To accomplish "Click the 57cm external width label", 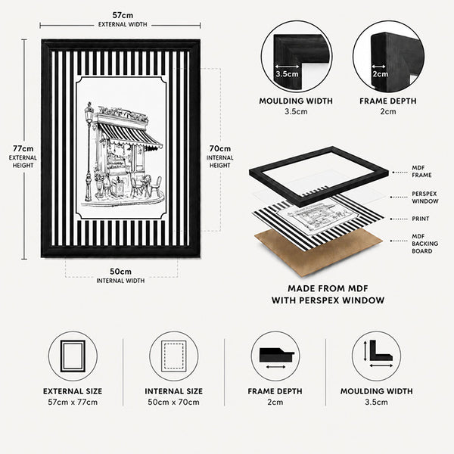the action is tap(123, 15).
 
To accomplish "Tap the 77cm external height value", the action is tap(23, 148).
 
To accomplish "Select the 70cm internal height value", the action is tap(220, 148).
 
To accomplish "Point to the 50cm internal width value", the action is tap(120, 272).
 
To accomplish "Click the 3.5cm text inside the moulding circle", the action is tap(287, 74).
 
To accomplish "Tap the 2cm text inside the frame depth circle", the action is tap(380, 74).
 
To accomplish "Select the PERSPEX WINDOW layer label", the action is tap(425, 197).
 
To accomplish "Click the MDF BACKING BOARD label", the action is tap(425, 244).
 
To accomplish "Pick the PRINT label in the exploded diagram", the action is tap(421, 219).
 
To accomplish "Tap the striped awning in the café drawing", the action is tap(130, 135).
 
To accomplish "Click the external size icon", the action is tap(73, 356).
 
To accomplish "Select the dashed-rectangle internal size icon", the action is tap(174, 356).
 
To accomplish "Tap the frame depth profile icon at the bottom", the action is tap(276, 355).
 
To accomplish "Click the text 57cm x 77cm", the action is tap(73, 403).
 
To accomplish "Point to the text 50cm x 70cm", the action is tap(174, 403).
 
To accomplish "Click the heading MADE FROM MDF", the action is tap(328, 288).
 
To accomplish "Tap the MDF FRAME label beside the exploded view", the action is tap(421, 172).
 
